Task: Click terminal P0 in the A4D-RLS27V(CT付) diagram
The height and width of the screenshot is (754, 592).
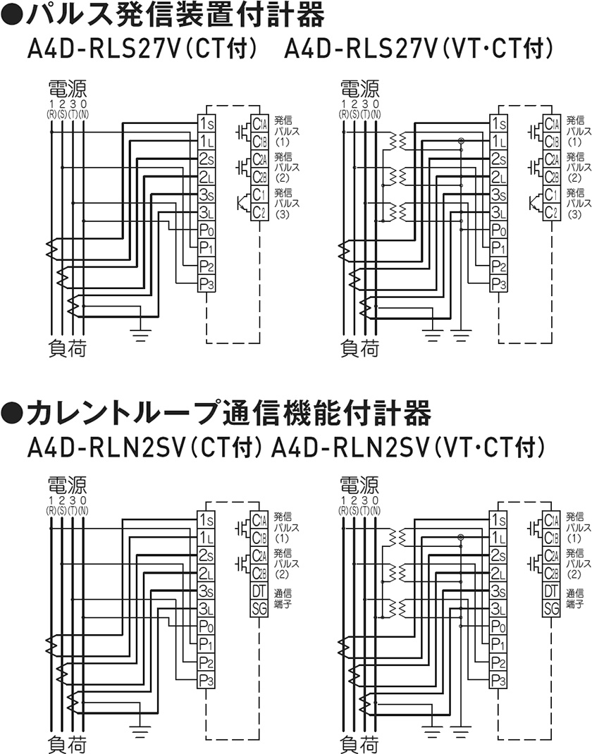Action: tap(206, 230)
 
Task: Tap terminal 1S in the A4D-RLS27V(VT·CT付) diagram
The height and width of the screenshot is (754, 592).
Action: tap(499, 123)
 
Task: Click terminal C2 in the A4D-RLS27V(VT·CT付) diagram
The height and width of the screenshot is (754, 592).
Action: tap(551, 212)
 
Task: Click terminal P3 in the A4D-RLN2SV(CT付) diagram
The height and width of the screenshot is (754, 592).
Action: tap(206, 681)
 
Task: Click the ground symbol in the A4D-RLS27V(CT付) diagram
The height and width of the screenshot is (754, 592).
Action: tap(142, 331)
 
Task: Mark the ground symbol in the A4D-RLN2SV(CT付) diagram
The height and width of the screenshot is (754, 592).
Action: tap(142, 728)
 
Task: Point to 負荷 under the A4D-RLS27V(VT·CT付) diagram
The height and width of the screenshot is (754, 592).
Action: tap(359, 347)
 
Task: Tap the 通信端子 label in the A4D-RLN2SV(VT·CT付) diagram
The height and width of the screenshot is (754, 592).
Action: tap(574, 599)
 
